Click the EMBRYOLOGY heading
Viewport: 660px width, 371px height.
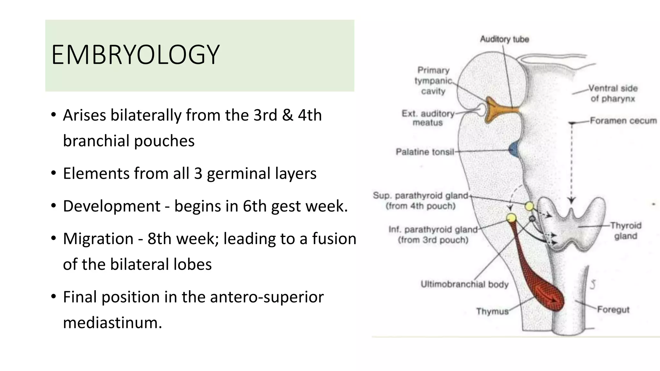(x=135, y=55)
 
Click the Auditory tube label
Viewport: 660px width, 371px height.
(x=504, y=39)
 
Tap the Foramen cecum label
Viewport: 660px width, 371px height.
(x=623, y=121)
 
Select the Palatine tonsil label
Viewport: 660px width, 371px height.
(x=425, y=152)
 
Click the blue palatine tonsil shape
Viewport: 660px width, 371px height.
(x=514, y=150)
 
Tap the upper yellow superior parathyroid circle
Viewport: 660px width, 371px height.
(x=529, y=206)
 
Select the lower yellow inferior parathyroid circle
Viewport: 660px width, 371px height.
(x=511, y=218)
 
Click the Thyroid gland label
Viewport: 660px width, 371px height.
(x=626, y=231)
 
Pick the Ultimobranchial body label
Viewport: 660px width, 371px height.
(x=464, y=284)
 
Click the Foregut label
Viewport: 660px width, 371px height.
(x=613, y=309)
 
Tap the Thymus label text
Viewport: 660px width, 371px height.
(x=492, y=311)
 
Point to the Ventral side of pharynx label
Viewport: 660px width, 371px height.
(x=613, y=93)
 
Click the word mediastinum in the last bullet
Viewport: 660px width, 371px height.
(x=112, y=322)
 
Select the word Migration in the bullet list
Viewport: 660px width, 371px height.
(x=98, y=239)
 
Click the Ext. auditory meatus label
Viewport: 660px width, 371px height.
(x=428, y=118)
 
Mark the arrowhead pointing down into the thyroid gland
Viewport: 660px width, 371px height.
(x=571, y=201)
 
